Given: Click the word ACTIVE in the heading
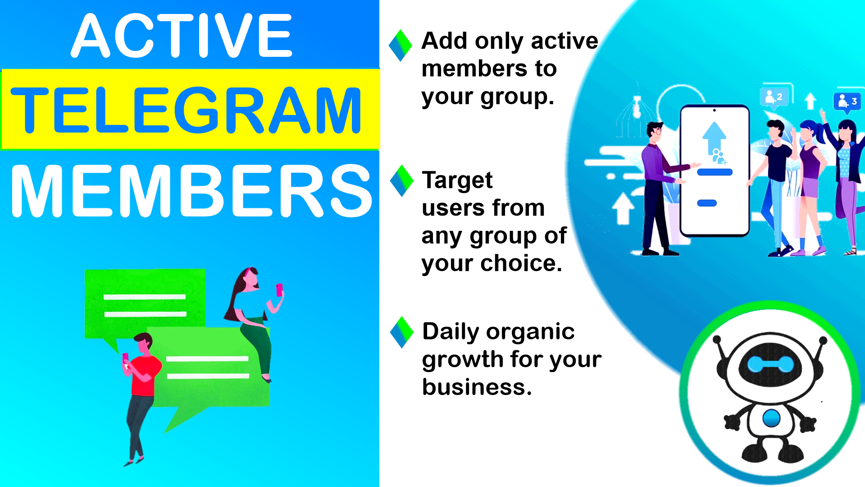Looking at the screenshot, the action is point(182,36).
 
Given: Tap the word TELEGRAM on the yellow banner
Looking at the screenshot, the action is point(186,110).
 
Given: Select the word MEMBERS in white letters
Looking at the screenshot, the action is point(191,191).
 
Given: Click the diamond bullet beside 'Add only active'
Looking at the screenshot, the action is point(401,46).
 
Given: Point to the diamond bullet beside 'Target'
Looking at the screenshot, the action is point(401,181).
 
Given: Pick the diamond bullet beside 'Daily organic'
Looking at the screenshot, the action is point(401,332).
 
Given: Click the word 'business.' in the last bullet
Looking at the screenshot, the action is point(477,387).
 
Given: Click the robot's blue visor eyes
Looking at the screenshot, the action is point(770,364).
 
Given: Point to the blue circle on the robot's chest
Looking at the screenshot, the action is point(771,418).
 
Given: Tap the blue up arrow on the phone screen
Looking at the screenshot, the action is point(714,138).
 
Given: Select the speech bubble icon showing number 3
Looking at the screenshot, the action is point(847,102).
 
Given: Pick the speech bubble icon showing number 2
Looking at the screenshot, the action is point(774,97).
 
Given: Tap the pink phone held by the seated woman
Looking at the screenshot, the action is point(279,289).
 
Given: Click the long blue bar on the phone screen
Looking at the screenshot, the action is point(715,172).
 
